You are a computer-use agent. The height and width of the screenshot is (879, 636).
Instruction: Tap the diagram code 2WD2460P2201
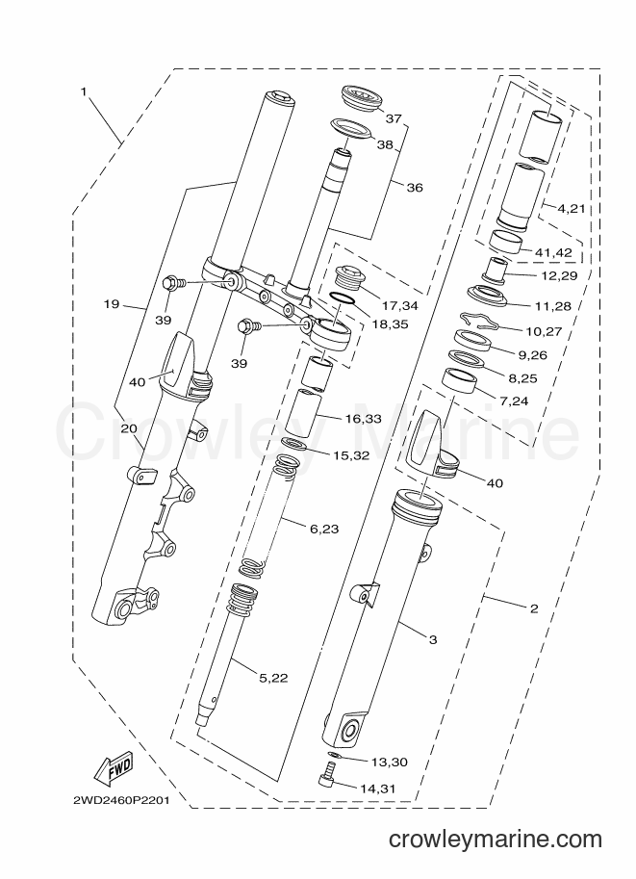pyautogui.click(x=121, y=800)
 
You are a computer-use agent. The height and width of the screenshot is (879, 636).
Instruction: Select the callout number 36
pyautogui.click(x=415, y=188)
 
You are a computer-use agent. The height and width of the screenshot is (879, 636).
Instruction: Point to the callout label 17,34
pyautogui.click(x=400, y=306)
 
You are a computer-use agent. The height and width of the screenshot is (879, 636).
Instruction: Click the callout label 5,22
pyautogui.click(x=273, y=678)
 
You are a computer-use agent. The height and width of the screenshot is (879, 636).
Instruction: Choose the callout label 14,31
pyautogui.click(x=378, y=789)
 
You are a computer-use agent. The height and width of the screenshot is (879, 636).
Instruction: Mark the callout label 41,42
pyautogui.click(x=554, y=253)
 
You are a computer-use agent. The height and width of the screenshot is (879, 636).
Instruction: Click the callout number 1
pyautogui.click(x=84, y=91)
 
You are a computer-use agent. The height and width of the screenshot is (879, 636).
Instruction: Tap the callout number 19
pyautogui.click(x=112, y=304)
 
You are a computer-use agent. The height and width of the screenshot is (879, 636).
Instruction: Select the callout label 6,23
pyautogui.click(x=324, y=529)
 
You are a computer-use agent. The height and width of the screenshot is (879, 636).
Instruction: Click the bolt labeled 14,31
pyautogui.click(x=324, y=776)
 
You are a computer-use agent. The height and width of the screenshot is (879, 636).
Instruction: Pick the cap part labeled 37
pyautogui.click(x=361, y=99)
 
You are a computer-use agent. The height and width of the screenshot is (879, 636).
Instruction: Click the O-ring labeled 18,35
pyautogui.click(x=342, y=299)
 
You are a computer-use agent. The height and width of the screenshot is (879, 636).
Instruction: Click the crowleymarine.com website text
pyautogui.click(x=496, y=840)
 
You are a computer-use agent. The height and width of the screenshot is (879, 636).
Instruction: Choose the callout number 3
pyautogui.click(x=432, y=639)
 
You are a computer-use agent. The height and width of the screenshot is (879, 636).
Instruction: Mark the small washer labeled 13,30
pyautogui.click(x=332, y=755)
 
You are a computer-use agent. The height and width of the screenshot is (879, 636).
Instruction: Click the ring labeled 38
pyautogui.click(x=351, y=127)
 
